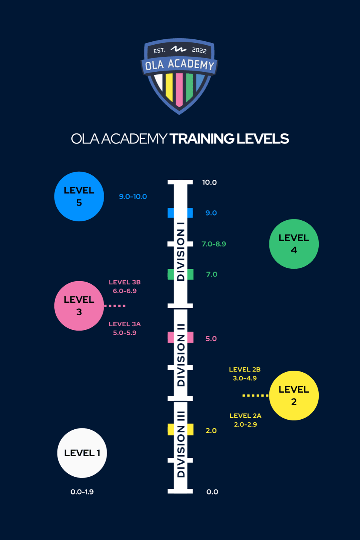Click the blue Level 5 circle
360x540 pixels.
coord(79,196)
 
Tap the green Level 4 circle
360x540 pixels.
coord(294,244)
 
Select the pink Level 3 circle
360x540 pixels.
coord(79,305)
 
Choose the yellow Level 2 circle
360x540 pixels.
coord(294,395)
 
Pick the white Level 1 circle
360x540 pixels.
coord(82,453)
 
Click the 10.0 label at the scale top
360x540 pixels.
coord(210,182)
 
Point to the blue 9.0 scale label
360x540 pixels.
coord(211,213)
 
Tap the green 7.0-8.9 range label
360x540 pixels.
coord(214,244)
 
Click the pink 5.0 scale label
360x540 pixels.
coord(211,339)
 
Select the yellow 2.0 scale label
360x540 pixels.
coord(211,431)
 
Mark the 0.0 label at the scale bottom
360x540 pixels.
coord(212,492)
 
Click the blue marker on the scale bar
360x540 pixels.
coord(180,213)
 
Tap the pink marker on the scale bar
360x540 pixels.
coord(180,337)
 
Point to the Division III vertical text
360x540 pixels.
coord(181,444)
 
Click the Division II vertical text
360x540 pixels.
coord(181,355)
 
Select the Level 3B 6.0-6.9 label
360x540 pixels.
coord(125,287)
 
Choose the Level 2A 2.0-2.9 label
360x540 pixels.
coord(245,420)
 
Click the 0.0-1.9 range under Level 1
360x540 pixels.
coord(82,492)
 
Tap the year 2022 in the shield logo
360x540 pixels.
coord(199,50)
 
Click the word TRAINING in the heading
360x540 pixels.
coord(202,139)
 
